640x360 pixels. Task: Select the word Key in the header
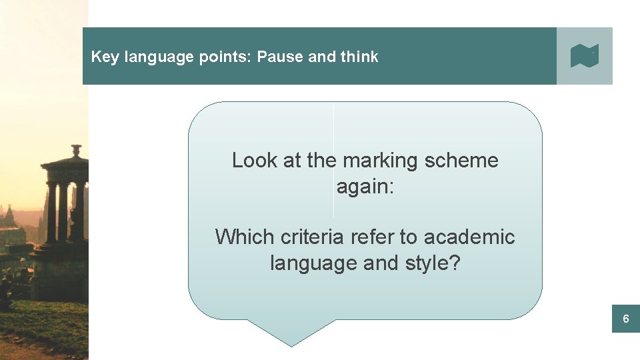[x=104, y=57]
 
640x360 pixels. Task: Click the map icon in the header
[x=585, y=56]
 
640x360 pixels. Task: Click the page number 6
[x=625, y=319]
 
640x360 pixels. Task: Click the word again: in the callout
[x=365, y=187]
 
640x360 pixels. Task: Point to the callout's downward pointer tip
[x=291, y=345]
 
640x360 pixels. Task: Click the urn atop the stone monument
[x=76, y=150]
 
